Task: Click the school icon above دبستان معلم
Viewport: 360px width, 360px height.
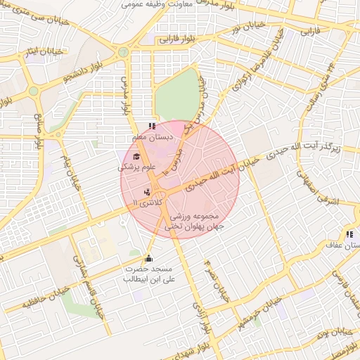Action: pos(153,127)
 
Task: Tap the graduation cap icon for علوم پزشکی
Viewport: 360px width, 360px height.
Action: pos(136,157)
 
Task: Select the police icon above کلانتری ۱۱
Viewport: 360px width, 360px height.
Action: pos(147,192)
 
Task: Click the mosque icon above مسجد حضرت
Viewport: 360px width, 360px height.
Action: pos(148,258)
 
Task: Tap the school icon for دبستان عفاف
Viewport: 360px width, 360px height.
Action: pos(349,234)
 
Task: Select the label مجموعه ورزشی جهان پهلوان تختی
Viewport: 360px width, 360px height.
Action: pos(192,221)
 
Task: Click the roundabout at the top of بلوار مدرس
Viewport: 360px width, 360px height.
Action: pos(124,52)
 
